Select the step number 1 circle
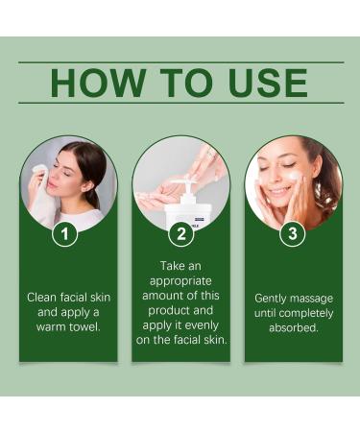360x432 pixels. (x=64, y=232)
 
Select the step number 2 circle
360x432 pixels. (x=180, y=232)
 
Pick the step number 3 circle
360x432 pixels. (x=292, y=232)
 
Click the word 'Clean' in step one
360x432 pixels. (x=41, y=298)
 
